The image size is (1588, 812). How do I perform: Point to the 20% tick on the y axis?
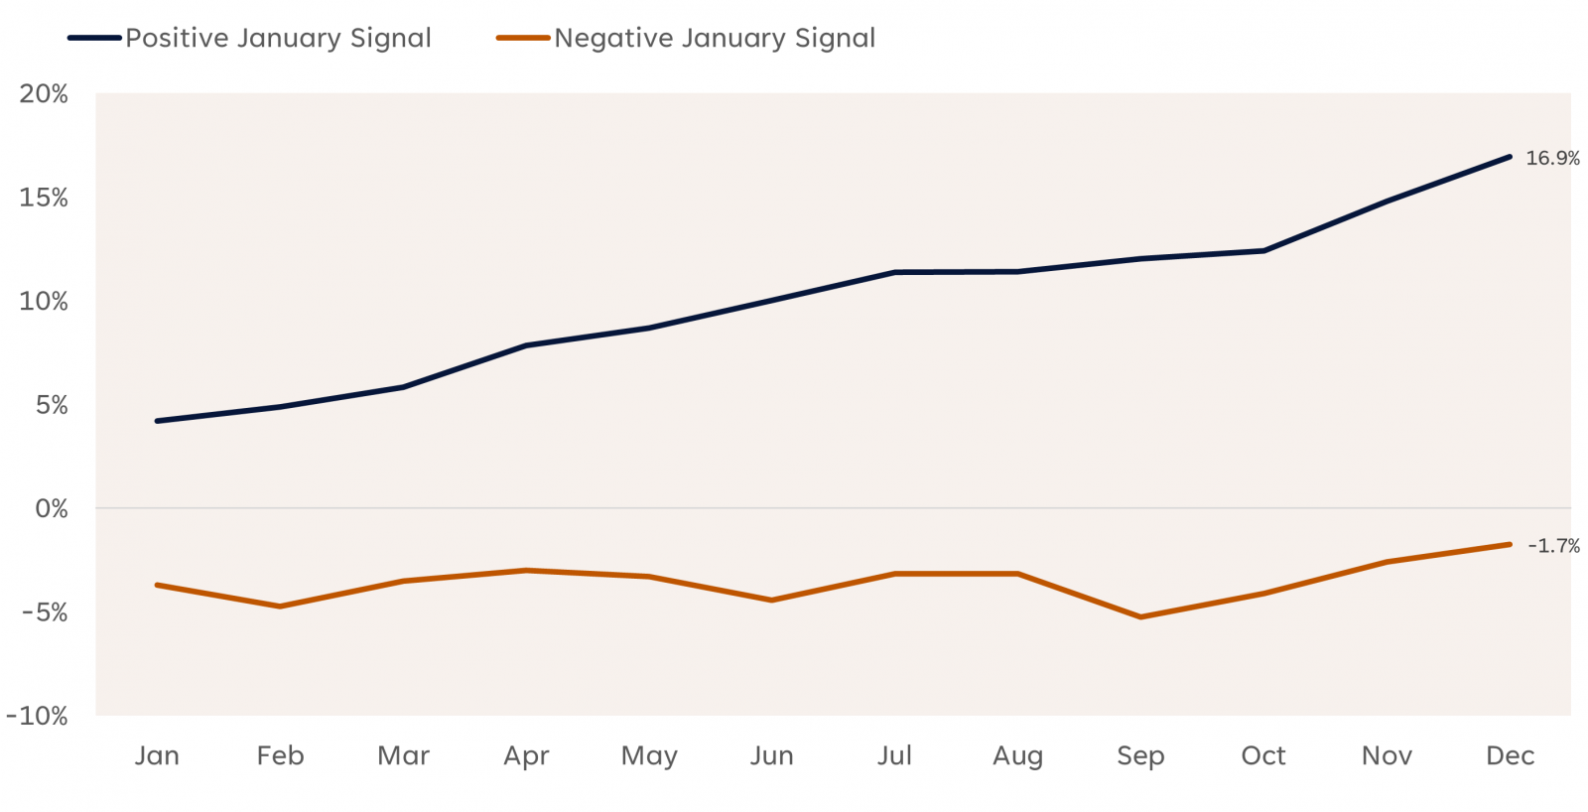tap(44, 94)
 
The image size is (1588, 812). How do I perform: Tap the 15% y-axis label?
tap(44, 198)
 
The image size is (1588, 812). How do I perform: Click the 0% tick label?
tap(51, 509)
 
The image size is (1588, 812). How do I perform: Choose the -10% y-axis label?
tap(38, 716)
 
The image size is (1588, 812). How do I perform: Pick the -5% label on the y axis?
tap(45, 612)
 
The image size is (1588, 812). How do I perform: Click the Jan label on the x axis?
tap(157, 756)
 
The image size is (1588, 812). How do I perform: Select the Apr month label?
tap(526, 756)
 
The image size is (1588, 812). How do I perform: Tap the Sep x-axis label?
tap(1140, 756)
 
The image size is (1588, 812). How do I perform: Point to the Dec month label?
tap(1510, 756)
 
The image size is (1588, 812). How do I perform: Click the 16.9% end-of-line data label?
tap(1552, 158)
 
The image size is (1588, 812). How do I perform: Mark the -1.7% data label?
tap(1553, 546)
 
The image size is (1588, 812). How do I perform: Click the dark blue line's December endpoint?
tap(1510, 157)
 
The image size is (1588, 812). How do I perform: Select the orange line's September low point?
tap(1140, 617)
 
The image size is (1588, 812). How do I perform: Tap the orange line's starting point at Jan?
tap(157, 585)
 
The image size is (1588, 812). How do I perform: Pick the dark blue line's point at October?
tap(1263, 250)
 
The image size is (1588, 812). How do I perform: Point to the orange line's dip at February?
tap(280, 607)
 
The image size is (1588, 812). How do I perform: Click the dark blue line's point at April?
tap(526, 345)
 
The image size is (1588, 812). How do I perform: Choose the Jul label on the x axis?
tap(894, 756)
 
